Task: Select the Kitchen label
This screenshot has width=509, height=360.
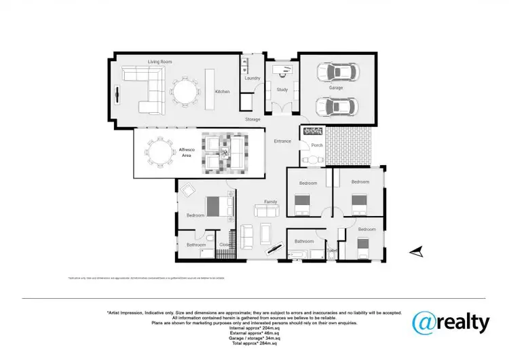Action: pos(222,92)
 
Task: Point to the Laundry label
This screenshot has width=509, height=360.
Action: pos(252,78)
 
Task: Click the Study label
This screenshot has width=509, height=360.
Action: pos(282,89)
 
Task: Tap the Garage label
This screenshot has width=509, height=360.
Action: pos(337,88)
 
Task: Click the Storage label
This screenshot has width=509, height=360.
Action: pos(252,120)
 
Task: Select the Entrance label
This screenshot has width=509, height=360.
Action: pos(282,141)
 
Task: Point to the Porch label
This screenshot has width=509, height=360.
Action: pos(316,145)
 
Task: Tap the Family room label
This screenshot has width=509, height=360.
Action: pos(270,202)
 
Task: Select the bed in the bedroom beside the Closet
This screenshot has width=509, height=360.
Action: pos(219,205)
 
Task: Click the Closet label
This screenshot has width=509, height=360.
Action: pos(224,245)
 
